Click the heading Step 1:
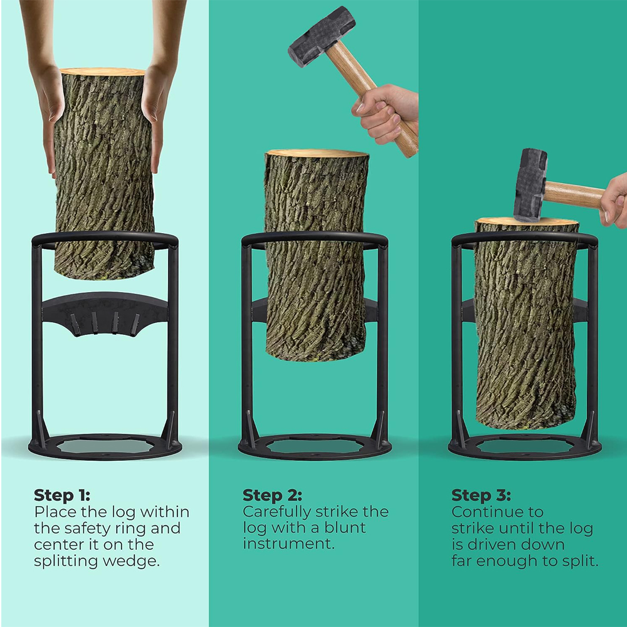click(62, 495)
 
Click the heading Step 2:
click(272, 495)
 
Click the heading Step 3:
click(481, 495)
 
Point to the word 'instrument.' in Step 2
click(288, 544)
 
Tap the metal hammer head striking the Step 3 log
click(530, 185)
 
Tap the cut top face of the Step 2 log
click(317, 153)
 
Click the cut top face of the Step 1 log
click(102, 71)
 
